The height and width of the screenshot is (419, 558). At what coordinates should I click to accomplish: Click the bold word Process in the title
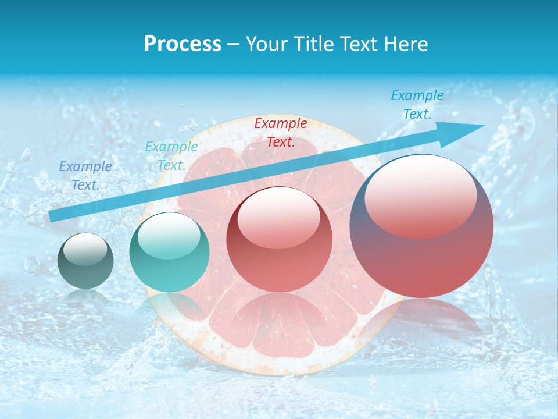[183, 44]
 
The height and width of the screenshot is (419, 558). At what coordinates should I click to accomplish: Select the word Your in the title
[264, 44]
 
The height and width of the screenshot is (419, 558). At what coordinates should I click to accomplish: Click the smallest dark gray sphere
[86, 261]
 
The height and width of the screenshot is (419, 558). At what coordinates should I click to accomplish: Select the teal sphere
[169, 253]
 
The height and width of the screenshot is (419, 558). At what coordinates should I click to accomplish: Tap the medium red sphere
[280, 240]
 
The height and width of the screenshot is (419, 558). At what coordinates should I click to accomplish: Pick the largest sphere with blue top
[421, 226]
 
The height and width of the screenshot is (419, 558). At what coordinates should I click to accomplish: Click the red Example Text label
[281, 132]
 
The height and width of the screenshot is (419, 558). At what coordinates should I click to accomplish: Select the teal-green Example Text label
[171, 156]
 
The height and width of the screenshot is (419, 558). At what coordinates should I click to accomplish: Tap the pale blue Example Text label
[85, 176]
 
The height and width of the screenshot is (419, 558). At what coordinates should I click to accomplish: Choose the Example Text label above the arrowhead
[417, 105]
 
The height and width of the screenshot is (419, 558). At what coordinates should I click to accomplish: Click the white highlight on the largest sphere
[420, 195]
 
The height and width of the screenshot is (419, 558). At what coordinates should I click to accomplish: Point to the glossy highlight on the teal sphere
[169, 236]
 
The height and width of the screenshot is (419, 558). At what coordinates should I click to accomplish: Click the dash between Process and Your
[233, 44]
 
